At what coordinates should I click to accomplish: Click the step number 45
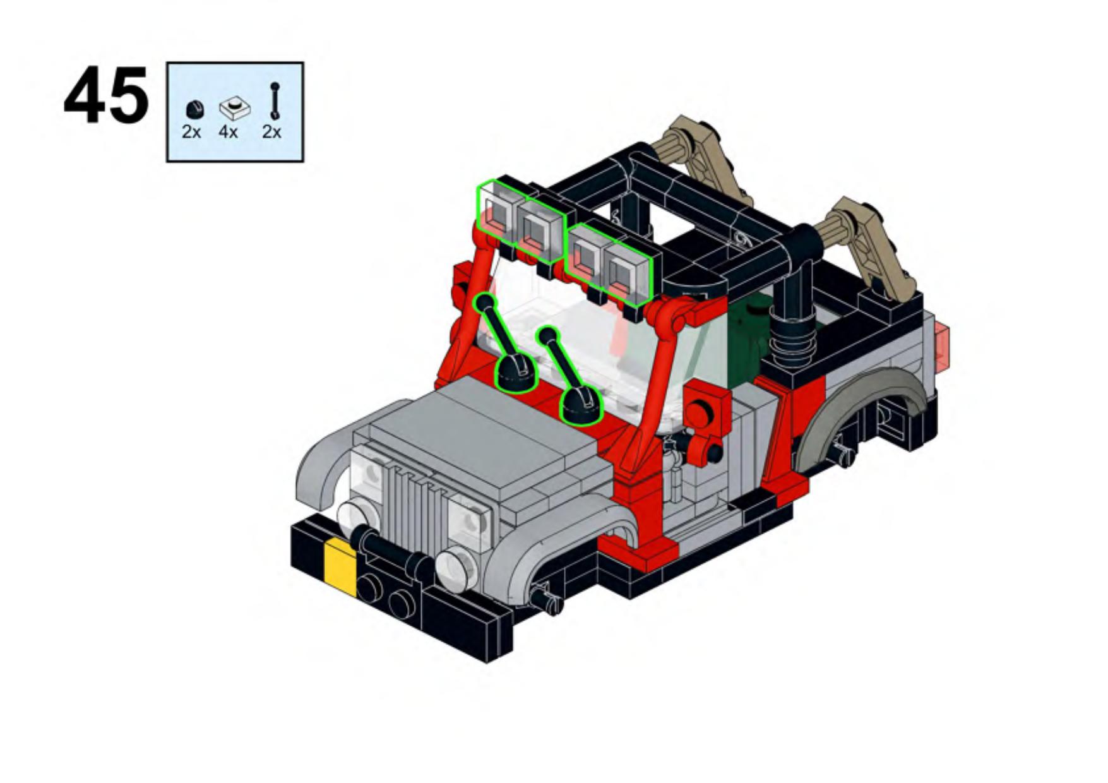[106, 96]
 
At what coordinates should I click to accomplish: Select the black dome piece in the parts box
[195, 109]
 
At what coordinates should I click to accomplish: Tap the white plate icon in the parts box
[235, 108]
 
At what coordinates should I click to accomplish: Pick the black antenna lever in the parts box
[275, 101]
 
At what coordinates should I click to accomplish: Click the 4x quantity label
[229, 132]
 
